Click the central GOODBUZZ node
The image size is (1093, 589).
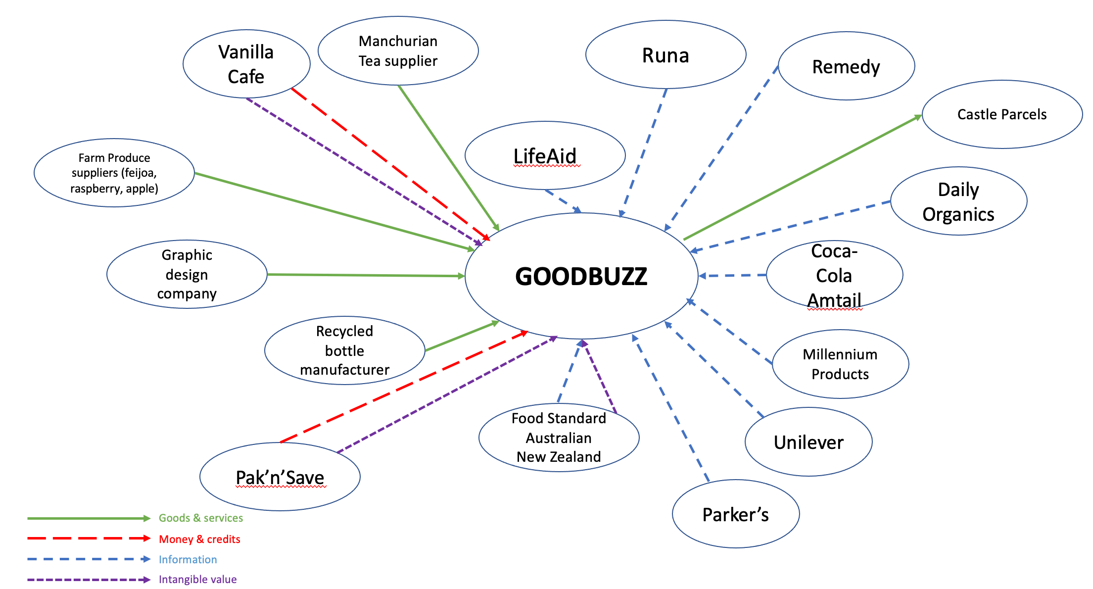coord(581,276)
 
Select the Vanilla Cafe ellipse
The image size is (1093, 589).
coord(246,64)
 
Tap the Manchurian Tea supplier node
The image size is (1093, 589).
coord(398,50)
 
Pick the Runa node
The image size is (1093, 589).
coord(665,55)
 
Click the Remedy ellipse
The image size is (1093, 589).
coord(846,66)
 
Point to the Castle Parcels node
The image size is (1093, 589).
coord(1002,114)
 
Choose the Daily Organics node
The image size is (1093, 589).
coord(958,201)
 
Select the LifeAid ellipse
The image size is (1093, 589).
coord(545,155)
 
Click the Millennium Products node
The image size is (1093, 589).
coord(840,364)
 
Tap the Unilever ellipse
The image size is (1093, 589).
coord(808,442)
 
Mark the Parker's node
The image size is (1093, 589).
coord(735,514)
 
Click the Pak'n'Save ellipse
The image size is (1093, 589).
coord(280,477)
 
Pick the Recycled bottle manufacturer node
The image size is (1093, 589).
coord(344,350)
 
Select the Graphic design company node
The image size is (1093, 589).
coord(187,274)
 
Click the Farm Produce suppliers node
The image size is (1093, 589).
coord(114,173)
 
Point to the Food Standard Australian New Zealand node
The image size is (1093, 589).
coord(559,438)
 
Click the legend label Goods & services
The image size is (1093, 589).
coord(201,518)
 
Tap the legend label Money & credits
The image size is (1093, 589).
coord(199,539)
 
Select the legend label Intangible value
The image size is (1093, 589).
coord(197,579)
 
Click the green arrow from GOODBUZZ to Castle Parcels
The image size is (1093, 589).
coord(802,178)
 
